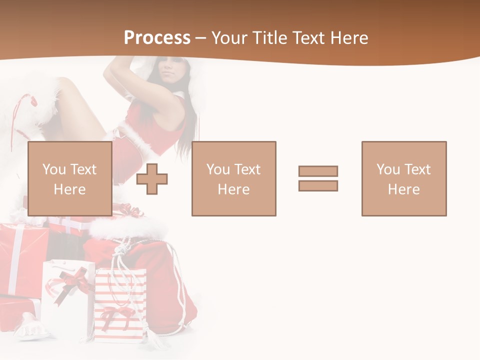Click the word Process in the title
[x=157, y=37]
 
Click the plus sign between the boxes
[x=152, y=178]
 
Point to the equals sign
[x=318, y=178]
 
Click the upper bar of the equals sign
[x=318, y=171]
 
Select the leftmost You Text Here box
[x=69, y=178]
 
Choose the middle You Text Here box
[x=233, y=178]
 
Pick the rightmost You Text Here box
[x=403, y=178]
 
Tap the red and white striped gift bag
[x=121, y=305]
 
